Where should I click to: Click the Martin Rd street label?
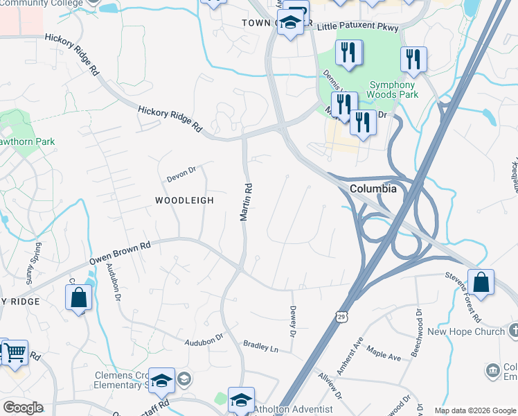(x=245, y=202)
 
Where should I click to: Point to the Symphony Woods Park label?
(x=383, y=88)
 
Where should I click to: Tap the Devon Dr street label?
(x=181, y=174)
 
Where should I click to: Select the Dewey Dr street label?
(x=293, y=322)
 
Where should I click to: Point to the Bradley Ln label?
(x=260, y=345)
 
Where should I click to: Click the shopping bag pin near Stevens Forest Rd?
(x=481, y=283)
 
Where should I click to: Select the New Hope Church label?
(x=465, y=331)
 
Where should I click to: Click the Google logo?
(x=23, y=408)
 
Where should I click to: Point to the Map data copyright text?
(x=474, y=410)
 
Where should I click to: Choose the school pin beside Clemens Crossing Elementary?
(x=161, y=381)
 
